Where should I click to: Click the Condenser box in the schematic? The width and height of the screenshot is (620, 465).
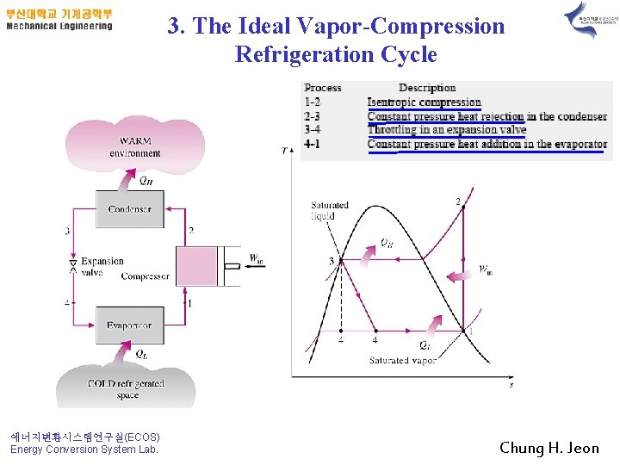click(x=129, y=209)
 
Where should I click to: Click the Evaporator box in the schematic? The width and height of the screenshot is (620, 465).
click(x=129, y=325)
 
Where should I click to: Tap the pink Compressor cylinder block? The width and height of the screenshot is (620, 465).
click(x=197, y=266)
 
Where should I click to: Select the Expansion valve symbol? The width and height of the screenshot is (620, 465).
click(x=73, y=265)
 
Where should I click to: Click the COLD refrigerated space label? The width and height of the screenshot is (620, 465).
click(x=126, y=389)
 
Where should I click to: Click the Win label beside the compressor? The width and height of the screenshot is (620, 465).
click(x=256, y=258)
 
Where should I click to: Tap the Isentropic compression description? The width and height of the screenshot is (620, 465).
click(x=424, y=102)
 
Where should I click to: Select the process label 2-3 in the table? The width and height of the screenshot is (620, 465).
click(x=312, y=116)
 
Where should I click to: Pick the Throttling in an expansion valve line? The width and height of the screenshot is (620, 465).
click(x=446, y=130)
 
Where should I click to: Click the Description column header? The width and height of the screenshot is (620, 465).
click(x=427, y=88)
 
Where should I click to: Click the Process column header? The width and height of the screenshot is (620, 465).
click(x=323, y=88)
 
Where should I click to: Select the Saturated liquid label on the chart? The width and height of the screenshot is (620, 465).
click(x=329, y=210)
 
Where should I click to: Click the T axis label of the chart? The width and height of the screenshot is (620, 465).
click(x=285, y=152)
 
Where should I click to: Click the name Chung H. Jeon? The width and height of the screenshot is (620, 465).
click(x=549, y=448)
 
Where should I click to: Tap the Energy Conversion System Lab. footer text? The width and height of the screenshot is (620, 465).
click(x=84, y=449)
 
